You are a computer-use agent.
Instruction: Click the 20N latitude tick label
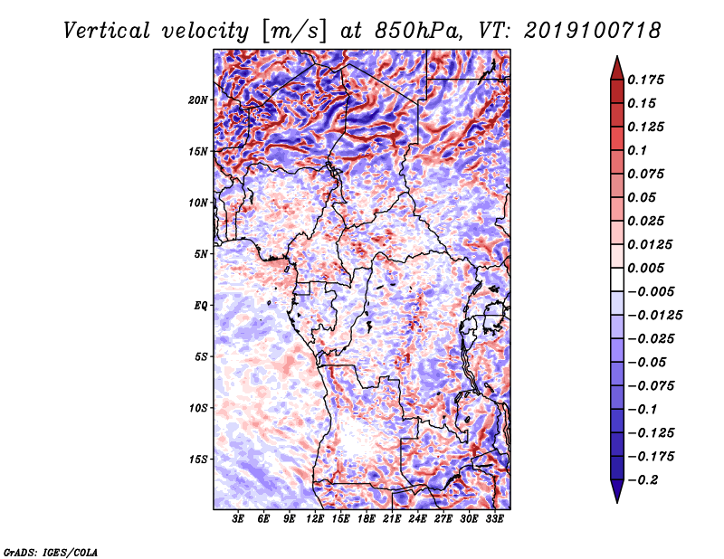click(197, 99)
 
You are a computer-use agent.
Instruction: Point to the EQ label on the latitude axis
click(200, 306)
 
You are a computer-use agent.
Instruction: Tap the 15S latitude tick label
click(197, 460)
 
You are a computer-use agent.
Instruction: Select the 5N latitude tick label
click(200, 254)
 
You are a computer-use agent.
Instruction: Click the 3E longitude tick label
click(238, 519)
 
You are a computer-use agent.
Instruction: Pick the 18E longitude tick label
click(367, 519)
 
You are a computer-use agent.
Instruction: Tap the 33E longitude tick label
click(494, 519)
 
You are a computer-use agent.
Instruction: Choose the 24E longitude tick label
click(417, 519)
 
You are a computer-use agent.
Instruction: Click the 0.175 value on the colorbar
click(645, 80)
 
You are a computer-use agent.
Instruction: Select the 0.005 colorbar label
click(645, 268)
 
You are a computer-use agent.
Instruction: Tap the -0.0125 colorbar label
click(654, 316)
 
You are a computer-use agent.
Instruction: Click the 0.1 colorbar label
click(637, 150)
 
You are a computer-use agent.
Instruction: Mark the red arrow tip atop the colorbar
click(617, 56)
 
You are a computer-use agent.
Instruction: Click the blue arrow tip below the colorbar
click(617, 502)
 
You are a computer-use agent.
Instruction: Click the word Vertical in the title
click(107, 31)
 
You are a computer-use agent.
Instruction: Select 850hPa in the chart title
click(419, 31)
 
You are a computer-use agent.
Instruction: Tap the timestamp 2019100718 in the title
click(593, 31)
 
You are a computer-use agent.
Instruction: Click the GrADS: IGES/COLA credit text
click(51, 552)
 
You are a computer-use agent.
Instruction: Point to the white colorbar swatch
click(617, 279)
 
